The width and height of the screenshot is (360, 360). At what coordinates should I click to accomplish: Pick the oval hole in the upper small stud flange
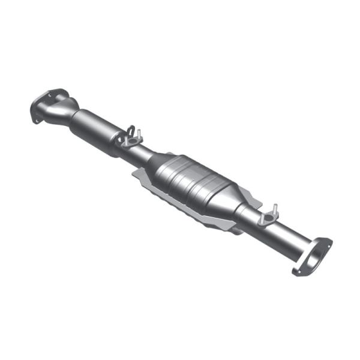pyautogui.click(x=128, y=143)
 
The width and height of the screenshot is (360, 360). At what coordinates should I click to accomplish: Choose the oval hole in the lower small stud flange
pyautogui.click(x=265, y=219)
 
